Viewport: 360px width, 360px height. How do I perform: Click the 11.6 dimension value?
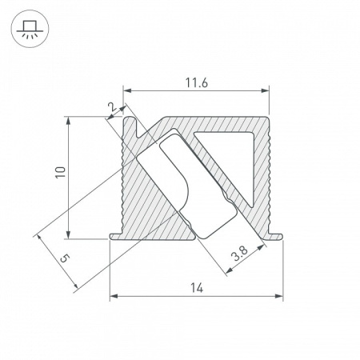pos(194,82)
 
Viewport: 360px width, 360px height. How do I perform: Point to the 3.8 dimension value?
pos(238,257)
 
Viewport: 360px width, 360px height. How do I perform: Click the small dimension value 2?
pos(111,105)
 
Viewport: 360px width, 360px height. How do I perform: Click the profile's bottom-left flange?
pos(117,235)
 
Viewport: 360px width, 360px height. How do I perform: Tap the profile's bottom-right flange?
pos(275,234)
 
